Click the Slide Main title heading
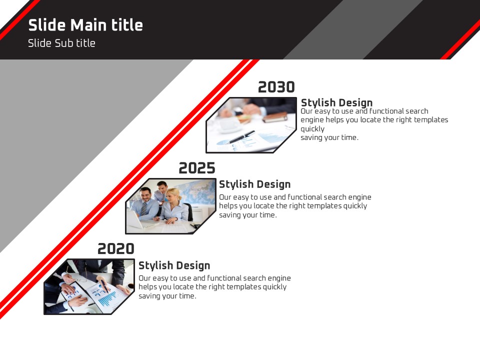pyautogui.click(x=85, y=25)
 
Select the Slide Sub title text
pyautogui.click(x=61, y=43)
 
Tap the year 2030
pyautogui.click(x=276, y=87)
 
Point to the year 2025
pyautogui.click(x=197, y=168)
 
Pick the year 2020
pyautogui.click(x=116, y=248)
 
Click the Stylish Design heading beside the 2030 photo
pyautogui.click(x=336, y=102)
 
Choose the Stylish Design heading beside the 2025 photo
pyautogui.click(x=254, y=184)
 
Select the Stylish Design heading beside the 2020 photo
pyautogui.click(x=174, y=265)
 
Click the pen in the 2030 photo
pyautogui.click(x=241, y=137)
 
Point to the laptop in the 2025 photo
pyautogui.click(x=138, y=219)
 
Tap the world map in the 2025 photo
pyautogui.click(x=198, y=191)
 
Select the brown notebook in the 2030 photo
pyautogui.click(x=275, y=117)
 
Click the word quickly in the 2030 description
pyautogui.click(x=312, y=129)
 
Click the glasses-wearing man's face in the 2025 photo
pyautogui.click(x=145, y=194)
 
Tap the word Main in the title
pyautogui.click(x=89, y=25)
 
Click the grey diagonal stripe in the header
pyautogui.click(x=353, y=29)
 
